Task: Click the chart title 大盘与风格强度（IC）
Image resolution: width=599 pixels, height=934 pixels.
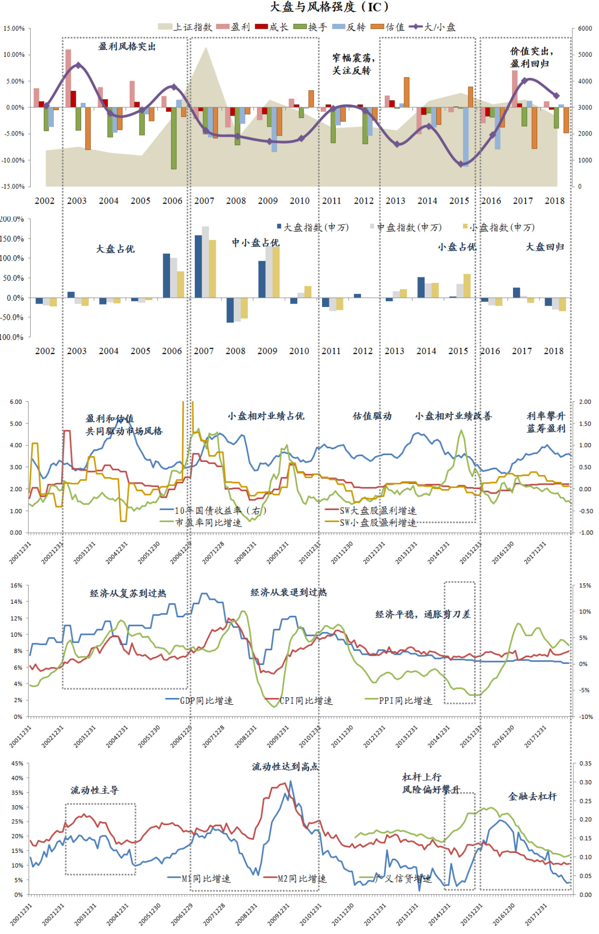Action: [x=330, y=7]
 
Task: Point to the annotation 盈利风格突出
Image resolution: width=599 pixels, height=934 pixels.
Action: [x=127, y=47]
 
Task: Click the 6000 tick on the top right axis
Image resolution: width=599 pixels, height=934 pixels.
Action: [x=584, y=29]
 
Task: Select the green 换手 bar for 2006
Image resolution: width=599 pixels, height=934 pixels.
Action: [x=173, y=138]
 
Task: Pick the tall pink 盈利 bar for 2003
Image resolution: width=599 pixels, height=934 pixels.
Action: [x=68, y=78]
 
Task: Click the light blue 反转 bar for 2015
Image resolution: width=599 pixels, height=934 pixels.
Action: [x=465, y=137]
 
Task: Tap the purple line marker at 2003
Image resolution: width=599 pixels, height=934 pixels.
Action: [x=78, y=65]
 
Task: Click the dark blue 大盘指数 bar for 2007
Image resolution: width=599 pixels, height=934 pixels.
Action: [x=198, y=266]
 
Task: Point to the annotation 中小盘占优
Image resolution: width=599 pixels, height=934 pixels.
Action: [x=255, y=242]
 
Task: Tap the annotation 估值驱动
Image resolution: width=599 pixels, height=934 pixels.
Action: [x=372, y=416]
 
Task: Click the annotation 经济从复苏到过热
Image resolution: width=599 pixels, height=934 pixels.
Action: [x=128, y=593]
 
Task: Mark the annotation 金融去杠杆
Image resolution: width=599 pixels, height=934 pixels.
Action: [x=532, y=797]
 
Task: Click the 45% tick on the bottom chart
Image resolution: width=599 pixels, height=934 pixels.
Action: [x=17, y=764]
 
